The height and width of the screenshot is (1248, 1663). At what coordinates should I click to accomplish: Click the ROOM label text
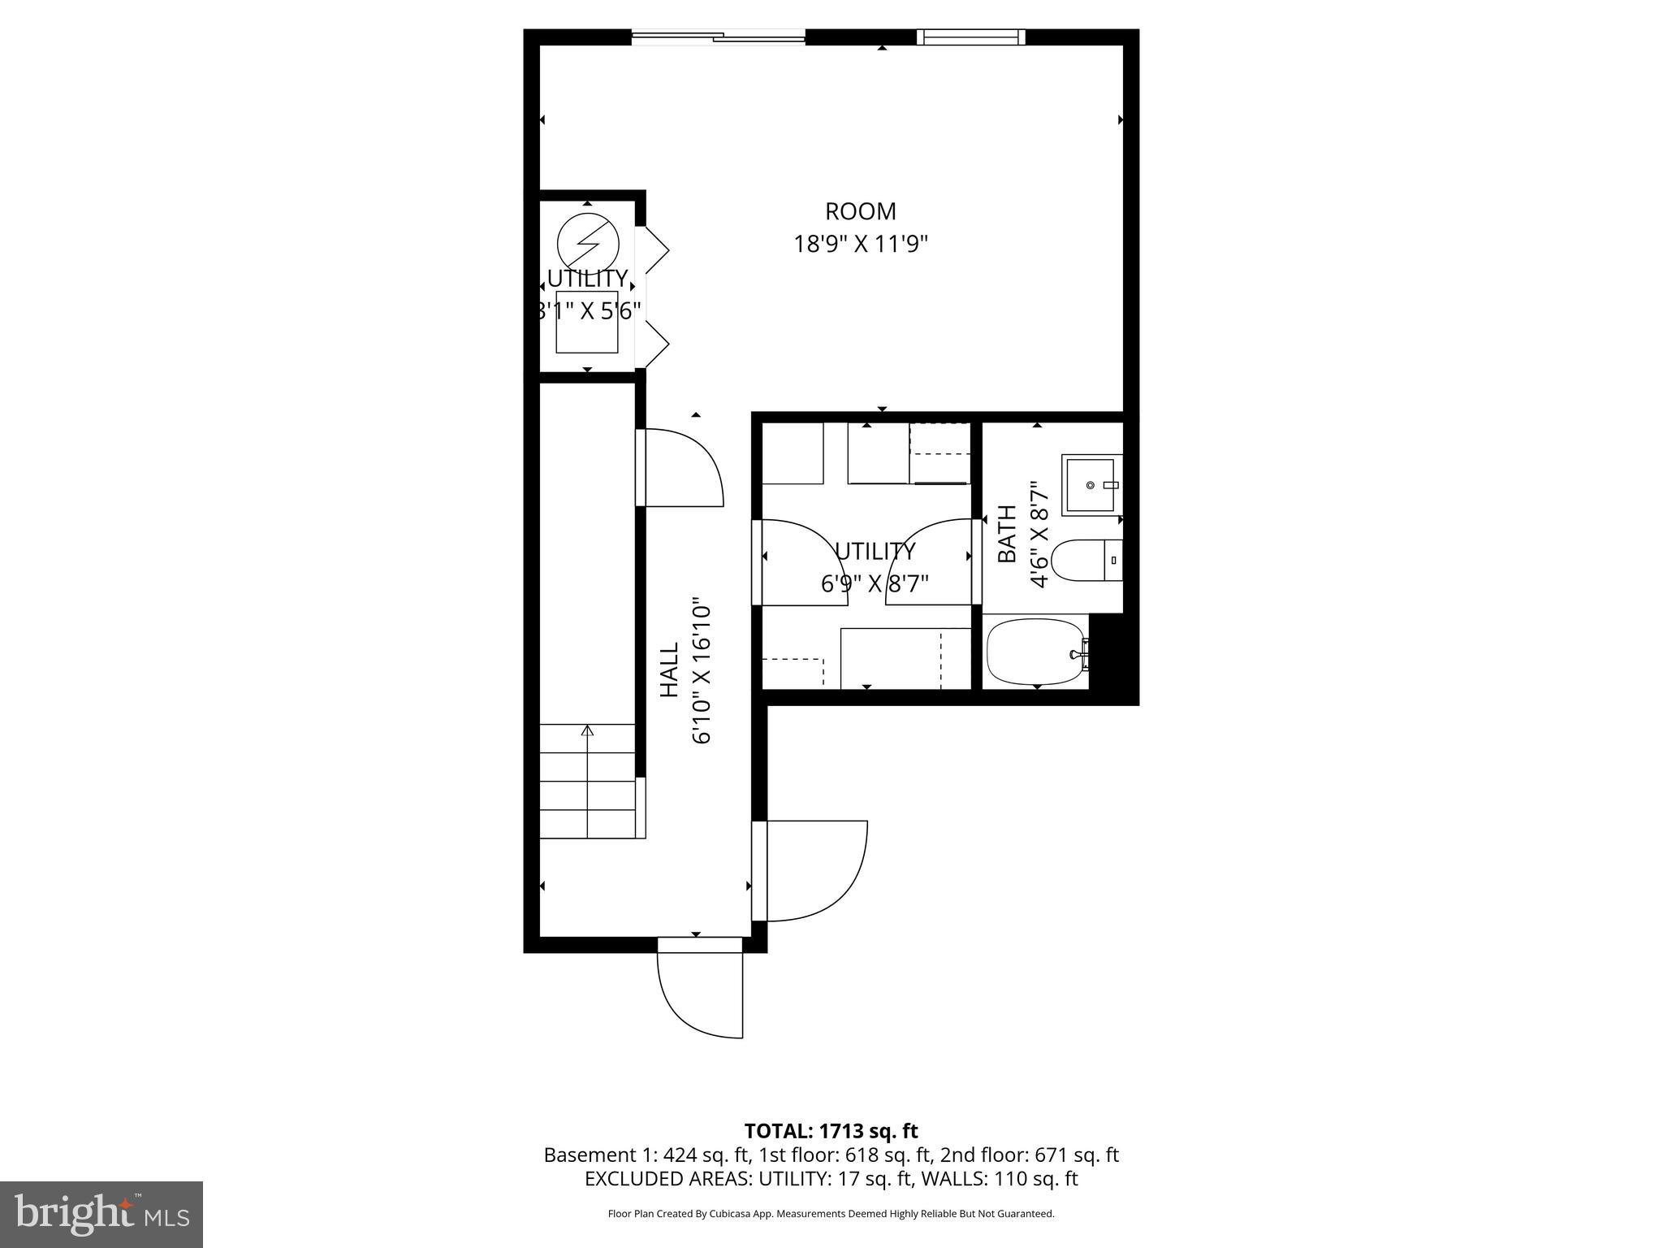[x=860, y=211]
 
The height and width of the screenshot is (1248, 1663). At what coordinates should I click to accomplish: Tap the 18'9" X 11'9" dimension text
[x=860, y=244]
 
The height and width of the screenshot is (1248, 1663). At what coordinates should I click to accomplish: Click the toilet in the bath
[x=1084, y=561]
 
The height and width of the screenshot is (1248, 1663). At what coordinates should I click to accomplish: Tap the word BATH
[x=1007, y=534]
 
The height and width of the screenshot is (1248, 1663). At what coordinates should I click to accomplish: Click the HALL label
[x=669, y=669]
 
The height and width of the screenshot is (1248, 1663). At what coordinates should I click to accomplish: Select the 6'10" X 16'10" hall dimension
[x=702, y=673]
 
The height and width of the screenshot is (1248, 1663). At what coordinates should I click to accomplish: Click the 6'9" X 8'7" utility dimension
[x=875, y=583]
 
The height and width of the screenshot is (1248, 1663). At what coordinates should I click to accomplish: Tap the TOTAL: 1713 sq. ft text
[x=831, y=1131]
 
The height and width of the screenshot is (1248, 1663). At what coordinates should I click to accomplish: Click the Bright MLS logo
[x=101, y=1214]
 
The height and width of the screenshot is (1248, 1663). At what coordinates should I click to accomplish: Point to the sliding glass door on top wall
[x=718, y=36]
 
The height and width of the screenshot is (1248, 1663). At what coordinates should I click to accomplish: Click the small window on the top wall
[x=971, y=37]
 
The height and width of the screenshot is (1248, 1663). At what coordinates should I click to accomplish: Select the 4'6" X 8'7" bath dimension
[x=1039, y=534]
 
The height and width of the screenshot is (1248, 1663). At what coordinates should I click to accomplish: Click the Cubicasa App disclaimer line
[x=831, y=1214]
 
